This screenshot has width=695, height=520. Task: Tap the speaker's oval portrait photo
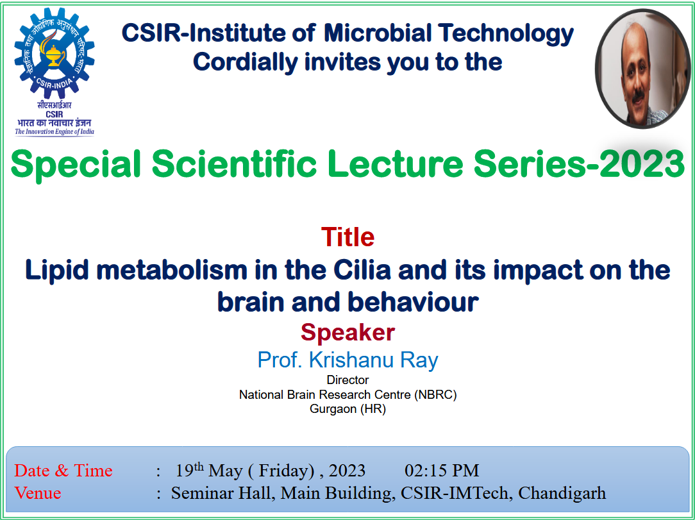click(642, 69)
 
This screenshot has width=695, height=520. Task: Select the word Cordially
click(245, 62)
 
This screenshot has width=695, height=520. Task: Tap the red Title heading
click(348, 237)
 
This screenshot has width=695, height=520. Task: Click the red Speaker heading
click(348, 332)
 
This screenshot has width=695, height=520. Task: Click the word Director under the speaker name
click(348, 380)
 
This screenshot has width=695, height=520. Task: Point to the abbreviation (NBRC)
click(435, 394)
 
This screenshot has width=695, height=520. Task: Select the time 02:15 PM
click(442, 471)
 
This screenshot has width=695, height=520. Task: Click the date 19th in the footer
click(190, 469)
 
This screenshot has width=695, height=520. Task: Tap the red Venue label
click(38, 493)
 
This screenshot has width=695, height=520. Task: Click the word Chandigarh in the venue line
click(562, 493)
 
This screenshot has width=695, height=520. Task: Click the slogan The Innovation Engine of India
click(54, 131)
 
